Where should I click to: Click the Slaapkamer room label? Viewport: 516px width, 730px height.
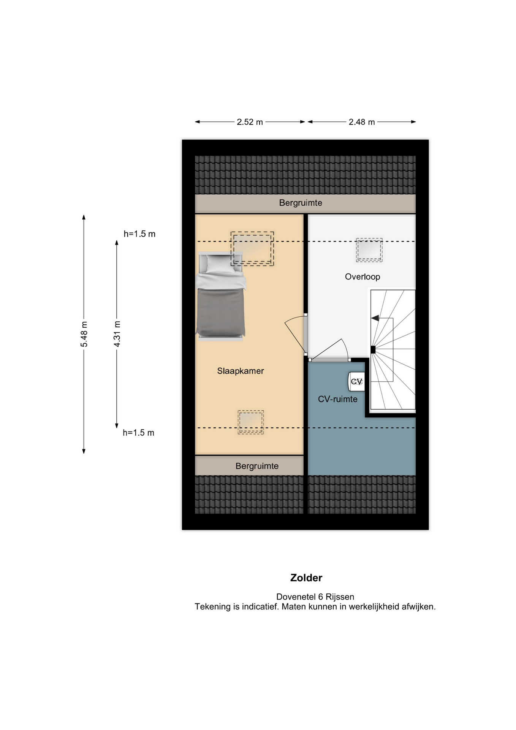tap(240, 371)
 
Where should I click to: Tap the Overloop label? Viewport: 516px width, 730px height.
tap(362, 277)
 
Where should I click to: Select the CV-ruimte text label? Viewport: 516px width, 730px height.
tap(337, 399)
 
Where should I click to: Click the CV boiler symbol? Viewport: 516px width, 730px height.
tap(356, 381)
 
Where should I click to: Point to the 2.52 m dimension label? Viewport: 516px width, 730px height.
tap(250, 122)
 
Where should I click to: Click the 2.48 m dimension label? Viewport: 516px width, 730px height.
tap(362, 122)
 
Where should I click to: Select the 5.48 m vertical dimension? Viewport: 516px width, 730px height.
tap(84, 334)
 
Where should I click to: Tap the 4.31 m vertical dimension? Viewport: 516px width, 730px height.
tap(117, 334)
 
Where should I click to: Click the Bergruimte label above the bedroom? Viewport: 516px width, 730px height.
tap(301, 203)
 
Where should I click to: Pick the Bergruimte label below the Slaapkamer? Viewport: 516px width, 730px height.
tap(257, 466)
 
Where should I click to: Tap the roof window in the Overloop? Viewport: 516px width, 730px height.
tap(369, 250)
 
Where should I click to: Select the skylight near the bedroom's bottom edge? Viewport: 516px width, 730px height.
tap(250, 422)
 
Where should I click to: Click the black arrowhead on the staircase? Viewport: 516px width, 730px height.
tap(375, 318)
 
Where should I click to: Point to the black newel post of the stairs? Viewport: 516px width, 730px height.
tap(373, 350)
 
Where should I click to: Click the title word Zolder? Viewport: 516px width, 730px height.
tap(306, 578)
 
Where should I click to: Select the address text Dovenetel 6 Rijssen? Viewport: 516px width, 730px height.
tap(315, 597)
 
